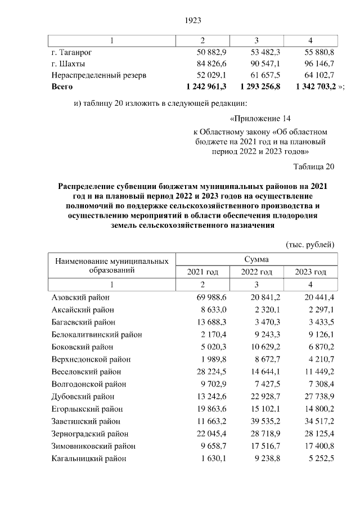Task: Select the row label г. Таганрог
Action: [x=71, y=52]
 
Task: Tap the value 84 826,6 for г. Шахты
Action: [x=210, y=64]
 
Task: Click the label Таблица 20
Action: [x=314, y=166]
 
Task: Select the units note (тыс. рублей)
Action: [x=310, y=244]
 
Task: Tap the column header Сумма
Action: [x=256, y=260]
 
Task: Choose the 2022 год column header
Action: [x=257, y=272]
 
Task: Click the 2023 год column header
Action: [x=311, y=272]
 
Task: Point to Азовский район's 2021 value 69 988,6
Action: [x=210, y=298]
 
